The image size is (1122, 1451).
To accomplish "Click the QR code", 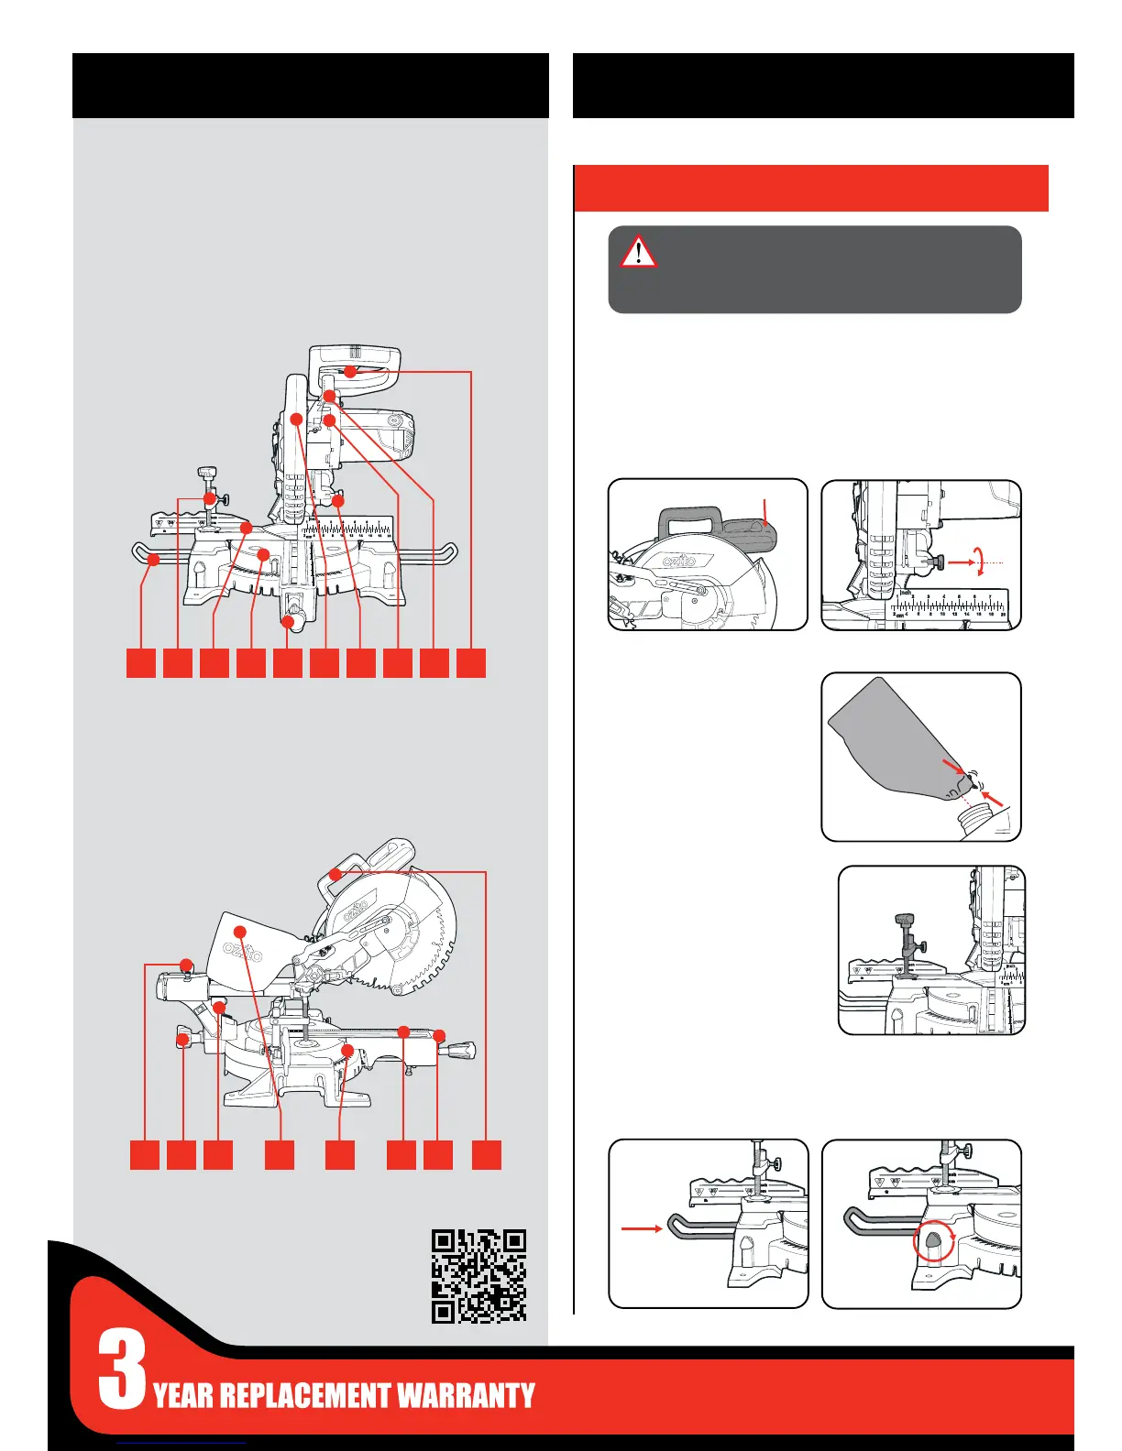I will pyautogui.click(x=478, y=1276).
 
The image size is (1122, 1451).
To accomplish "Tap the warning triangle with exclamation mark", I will pyautogui.click(x=638, y=251).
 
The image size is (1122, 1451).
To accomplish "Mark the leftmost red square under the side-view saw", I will pyautogui.click(x=144, y=1154).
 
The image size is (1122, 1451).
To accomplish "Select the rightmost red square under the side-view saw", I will pyautogui.click(x=487, y=1154).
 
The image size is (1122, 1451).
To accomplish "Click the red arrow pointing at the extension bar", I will pyautogui.click(x=642, y=1228).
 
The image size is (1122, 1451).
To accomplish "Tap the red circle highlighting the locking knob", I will pyautogui.click(x=933, y=1243).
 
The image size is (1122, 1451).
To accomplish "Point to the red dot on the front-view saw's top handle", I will pyautogui.click(x=349, y=371).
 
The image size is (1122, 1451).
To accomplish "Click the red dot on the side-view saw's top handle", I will pyautogui.click(x=335, y=875).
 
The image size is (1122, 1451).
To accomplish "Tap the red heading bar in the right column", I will pyautogui.click(x=810, y=188).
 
